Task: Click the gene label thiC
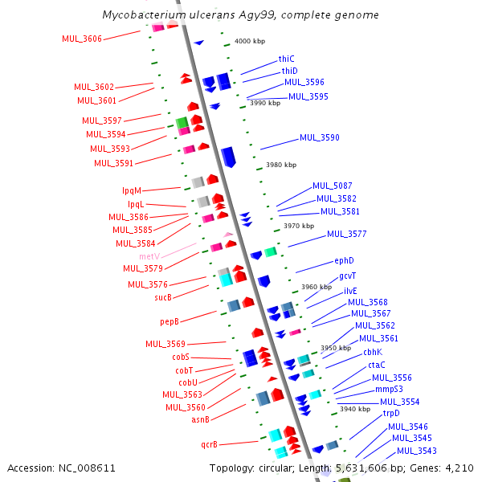(x=287, y=59)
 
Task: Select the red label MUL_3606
(x=82, y=39)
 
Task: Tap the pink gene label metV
(x=150, y=256)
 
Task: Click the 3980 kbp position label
(x=280, y=165)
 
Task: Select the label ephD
(x=344, y=261)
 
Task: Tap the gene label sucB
(x=163, y=297)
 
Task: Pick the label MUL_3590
(x=320, y=137)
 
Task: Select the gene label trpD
(x=390, y=413)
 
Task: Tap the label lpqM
(x=132, y=190)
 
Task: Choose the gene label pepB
(x=169, y=321)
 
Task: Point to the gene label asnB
(x=200, y=419)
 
